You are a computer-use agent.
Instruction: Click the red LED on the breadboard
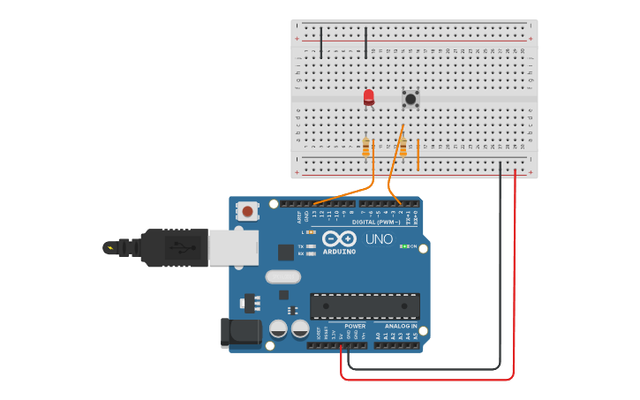click(x=369, y=97)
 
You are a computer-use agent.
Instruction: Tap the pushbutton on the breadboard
click(x=410, y=99)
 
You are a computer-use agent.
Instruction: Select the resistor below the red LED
click(x=365, y=147)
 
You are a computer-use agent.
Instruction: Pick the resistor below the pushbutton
click(x=403, y=147)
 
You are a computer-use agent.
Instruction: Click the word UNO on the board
click(x=379, y=239)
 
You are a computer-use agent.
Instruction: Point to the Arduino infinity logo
click(x=339, y=238)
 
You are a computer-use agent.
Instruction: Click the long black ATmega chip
click(x=365, y=306)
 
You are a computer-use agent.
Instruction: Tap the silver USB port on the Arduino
click(x=234, y=248)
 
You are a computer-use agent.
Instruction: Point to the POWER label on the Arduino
click(x=355, y=326)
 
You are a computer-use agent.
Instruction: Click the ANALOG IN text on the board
click(x=401, y=326)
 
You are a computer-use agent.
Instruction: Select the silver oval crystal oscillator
click(x=282, y=276)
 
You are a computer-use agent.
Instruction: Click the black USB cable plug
click(x=172, y=247)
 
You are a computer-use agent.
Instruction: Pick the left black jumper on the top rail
click(x=321, y=42)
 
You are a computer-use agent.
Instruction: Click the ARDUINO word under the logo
click(x=339, y=252)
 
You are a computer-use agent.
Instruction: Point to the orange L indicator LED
click(x=312, y=231)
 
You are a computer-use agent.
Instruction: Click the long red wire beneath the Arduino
click(x=424, y=380)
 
